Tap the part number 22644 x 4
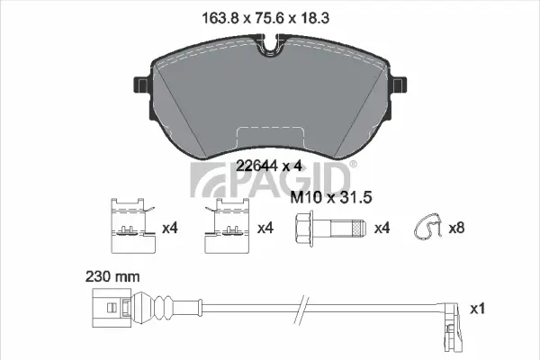268,165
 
